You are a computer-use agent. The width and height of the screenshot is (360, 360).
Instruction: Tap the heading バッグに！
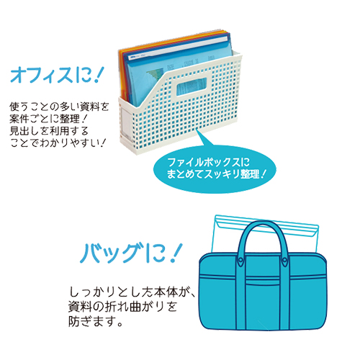[x=131, y=253]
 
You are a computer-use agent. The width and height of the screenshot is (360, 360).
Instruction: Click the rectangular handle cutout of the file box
[x=192, y=86]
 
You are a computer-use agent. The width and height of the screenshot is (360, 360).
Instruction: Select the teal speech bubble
[x=215, y=168]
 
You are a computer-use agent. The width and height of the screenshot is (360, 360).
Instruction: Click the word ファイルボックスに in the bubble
[x=208, y=163]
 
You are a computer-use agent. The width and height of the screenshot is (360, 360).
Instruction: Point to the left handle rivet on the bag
[x=241, y=261]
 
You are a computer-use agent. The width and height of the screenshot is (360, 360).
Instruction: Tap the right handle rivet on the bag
[x=284, y=261]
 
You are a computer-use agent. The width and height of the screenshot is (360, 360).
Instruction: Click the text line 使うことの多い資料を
[x=59, y=107]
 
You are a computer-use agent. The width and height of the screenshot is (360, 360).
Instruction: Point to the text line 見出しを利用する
[x=49, y=131]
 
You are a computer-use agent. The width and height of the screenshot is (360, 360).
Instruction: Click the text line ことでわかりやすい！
[x=58, y=143]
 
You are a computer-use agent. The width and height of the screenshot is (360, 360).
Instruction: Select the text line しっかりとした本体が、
[x=132, y=292]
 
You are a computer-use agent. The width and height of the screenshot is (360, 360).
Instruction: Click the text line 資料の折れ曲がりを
[x=123, y=307]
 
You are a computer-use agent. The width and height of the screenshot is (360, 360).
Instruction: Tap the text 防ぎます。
[x=96, y=322]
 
